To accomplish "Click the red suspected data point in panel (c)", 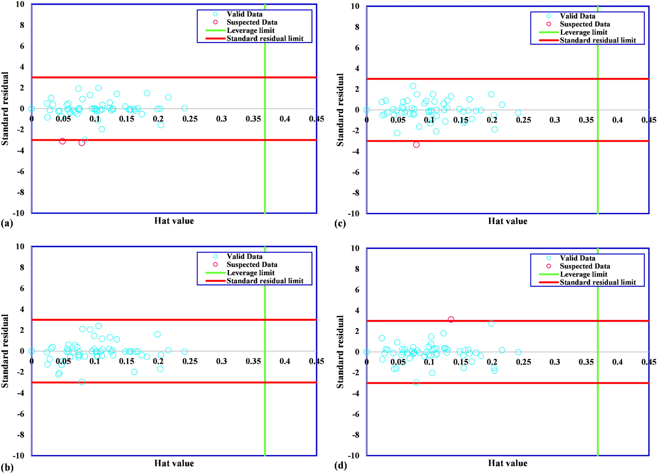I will coord(416,145).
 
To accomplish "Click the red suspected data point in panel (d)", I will coord(451,319).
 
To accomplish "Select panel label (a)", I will coord(7,224).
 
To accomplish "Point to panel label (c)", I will coord(340,224).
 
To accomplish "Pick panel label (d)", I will coord(340,465).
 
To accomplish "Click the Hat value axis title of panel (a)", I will coord(174,221).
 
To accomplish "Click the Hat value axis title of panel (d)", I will coord(508,463).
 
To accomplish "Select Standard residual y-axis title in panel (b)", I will coord(5,351).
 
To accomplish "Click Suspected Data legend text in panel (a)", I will coord(252,22).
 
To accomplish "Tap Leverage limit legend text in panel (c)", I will coord(584,32).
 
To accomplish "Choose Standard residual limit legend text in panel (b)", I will coord(265,281).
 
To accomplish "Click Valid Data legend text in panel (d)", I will coord(577,258).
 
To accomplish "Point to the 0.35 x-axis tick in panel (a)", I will coord(253,119).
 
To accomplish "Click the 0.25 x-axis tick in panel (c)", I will coord(523,120).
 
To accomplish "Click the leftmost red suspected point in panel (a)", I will coord(63,141).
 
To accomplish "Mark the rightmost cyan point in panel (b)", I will coord(185,352).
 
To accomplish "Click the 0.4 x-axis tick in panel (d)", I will coord(617,362).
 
